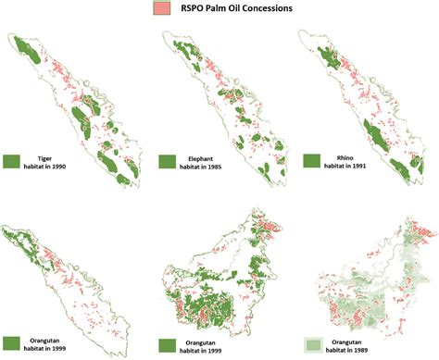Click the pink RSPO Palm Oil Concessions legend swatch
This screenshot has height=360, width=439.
[x=160, y=10]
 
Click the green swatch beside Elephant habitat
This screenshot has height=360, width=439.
[x=168, y=161]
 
